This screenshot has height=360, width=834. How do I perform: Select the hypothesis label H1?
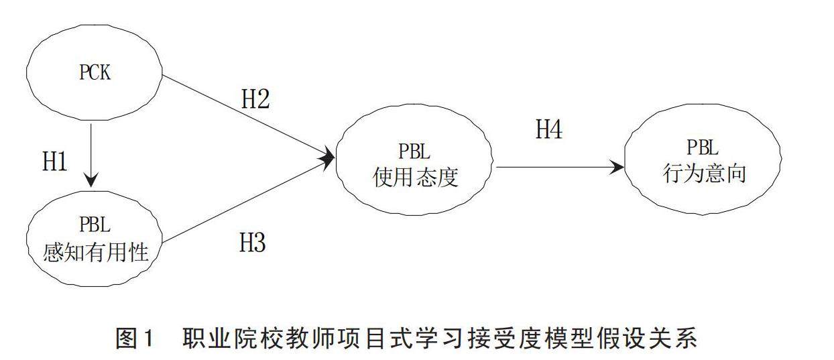tap(55, 162)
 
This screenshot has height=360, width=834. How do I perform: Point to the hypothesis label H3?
tap(253, 243)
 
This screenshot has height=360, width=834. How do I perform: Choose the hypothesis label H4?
tap(548, 129)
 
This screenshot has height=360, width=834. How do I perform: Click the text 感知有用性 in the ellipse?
tap(95, 253)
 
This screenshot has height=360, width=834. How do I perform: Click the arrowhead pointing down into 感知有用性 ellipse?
tap(91, 180)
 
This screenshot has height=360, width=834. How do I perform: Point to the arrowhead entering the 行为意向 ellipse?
tap(617, 168)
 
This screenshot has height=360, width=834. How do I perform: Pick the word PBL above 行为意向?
tap(703, 149)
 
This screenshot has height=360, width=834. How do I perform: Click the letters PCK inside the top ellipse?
tap(95, 72)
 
